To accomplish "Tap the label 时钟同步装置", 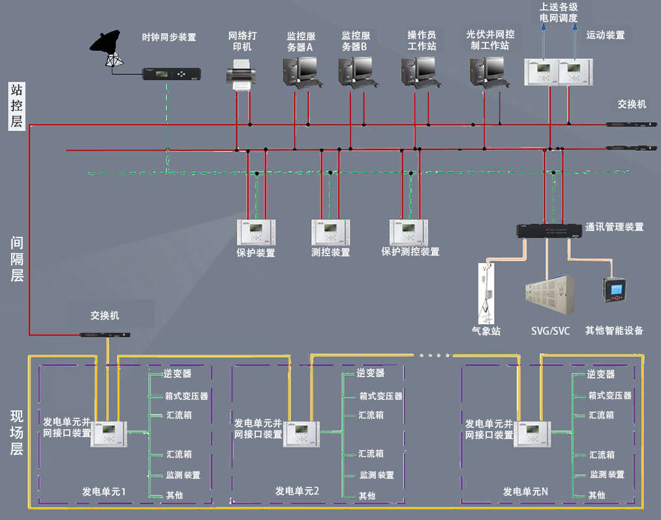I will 169,37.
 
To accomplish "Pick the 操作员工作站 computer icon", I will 418,71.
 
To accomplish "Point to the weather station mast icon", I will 485,293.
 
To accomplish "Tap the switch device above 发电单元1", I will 105,335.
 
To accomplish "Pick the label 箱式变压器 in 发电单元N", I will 609,395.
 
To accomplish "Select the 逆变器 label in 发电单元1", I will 177,374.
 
